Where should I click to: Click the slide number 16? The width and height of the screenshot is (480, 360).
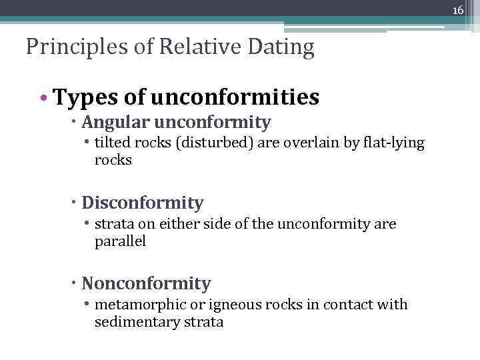coord(458,10)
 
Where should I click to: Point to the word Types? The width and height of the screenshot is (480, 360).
coord(79,98)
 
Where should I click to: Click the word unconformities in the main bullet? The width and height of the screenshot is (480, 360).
coord(235,98)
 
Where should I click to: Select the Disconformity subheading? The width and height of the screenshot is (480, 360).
coord(142,203)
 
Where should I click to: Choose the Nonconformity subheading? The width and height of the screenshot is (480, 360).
coord(146,284)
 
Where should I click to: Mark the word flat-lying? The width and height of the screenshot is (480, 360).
coord(389,143)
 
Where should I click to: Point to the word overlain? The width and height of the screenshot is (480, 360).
coord(305,143)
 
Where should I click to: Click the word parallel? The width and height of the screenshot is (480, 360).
coord(120,241)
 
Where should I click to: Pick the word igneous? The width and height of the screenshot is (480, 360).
coord(233,305)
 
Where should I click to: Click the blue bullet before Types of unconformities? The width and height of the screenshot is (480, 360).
coord(43,99)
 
